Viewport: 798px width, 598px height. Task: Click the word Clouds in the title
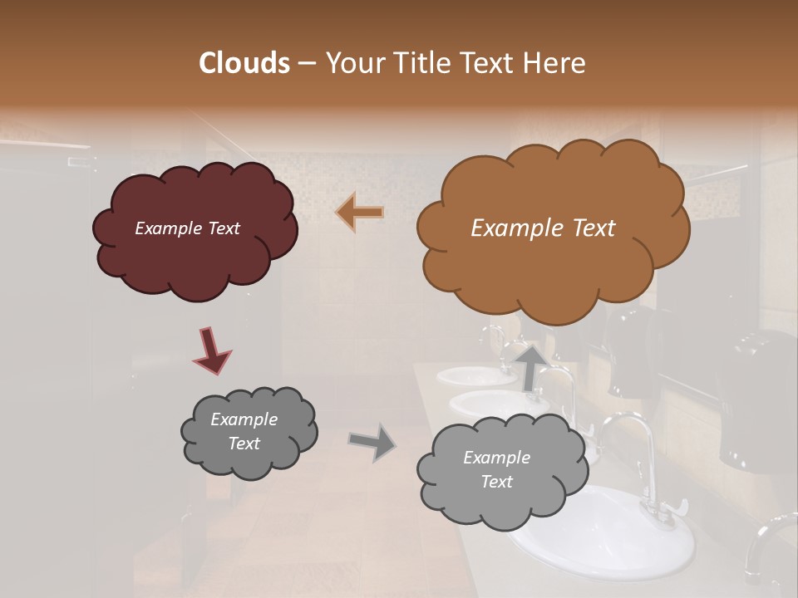(x=244, y=63)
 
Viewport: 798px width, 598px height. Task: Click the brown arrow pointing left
(x=360, y=212)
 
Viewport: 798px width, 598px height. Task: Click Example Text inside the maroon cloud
(x=187, y=228)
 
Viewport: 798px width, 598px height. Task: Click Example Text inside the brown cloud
(x=543, y=228)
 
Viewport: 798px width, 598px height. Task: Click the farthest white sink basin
(x=465, y=375)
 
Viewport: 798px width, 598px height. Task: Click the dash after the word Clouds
(x=306, y=64)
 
